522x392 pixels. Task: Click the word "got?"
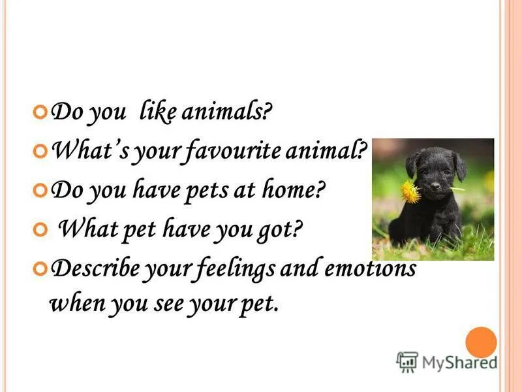(x=281, y=229)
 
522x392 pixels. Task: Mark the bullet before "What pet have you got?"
(x=41, y=229)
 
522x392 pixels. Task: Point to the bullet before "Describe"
(x=41, y=268)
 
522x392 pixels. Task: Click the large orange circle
(x=482, y=342)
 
